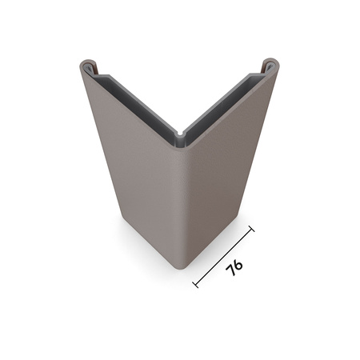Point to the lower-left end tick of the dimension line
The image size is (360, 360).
click(x=196, y=284)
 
